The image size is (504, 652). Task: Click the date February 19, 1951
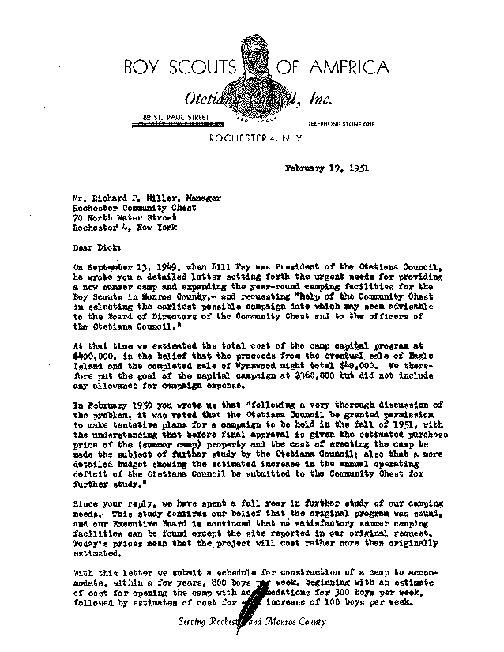pos(326,167)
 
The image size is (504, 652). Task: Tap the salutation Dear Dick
pos(96,246)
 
